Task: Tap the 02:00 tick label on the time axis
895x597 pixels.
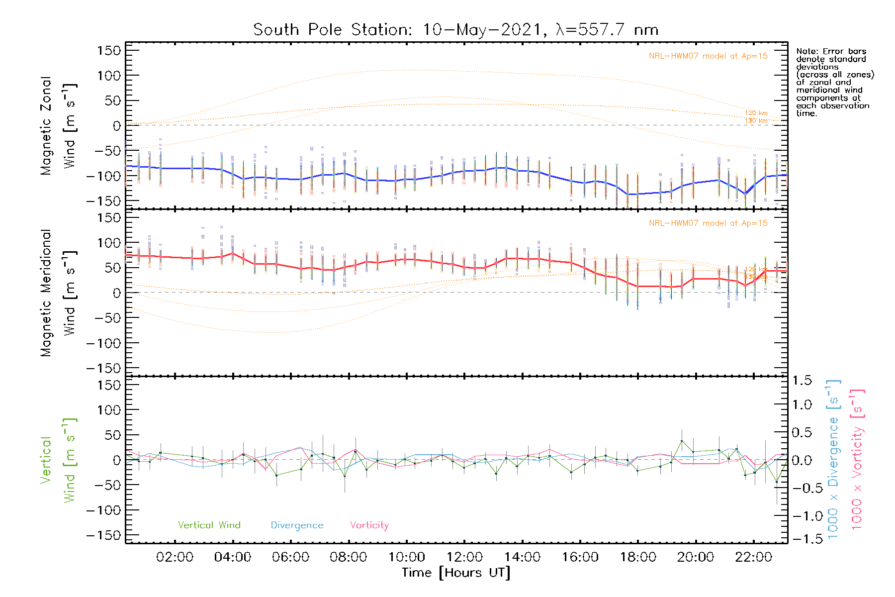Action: coord(175,557)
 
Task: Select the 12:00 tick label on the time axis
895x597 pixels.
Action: coord(464,557)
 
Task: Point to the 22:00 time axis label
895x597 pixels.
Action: coord(753,557)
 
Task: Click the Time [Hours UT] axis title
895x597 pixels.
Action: coord(456,573)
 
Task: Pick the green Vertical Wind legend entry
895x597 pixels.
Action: coord(209,525)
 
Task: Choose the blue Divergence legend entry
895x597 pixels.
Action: coord(297,525)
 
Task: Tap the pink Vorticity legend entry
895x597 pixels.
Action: coord(369,525)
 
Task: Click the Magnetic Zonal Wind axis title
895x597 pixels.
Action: coord(59,125)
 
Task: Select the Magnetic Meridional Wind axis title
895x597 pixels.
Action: coord(59,293)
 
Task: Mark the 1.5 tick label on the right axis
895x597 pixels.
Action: coord(802,381)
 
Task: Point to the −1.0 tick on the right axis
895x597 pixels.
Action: coord(802,516)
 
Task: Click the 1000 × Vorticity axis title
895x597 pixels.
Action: coord(857,459)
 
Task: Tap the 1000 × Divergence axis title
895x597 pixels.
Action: coord(833,459)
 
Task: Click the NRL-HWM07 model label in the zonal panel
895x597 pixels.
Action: coord(708,56)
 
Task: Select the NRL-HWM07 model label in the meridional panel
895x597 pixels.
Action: coord(708,223)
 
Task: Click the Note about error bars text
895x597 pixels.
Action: coord(834,82)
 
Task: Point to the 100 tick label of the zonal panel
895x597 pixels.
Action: coord(109,76)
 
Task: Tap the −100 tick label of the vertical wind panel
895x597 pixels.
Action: coord(104,510)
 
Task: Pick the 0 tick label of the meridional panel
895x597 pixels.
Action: coord(117,293)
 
